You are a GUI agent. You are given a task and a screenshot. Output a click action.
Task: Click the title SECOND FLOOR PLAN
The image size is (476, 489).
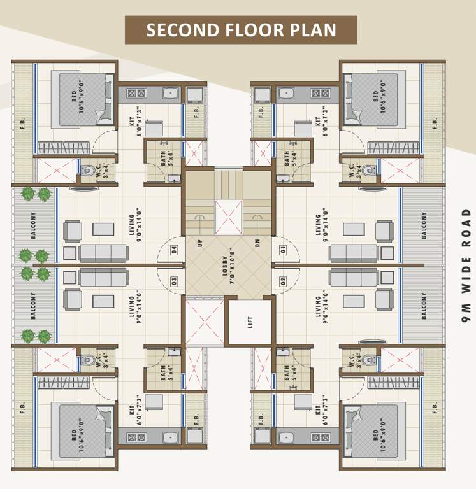point(241,30)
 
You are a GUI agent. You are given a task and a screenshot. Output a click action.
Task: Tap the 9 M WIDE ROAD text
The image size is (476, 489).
point(466,264)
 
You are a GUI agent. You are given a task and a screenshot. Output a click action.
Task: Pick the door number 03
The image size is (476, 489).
point(174,281)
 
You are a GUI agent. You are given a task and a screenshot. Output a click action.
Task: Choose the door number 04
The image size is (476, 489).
point(174,249)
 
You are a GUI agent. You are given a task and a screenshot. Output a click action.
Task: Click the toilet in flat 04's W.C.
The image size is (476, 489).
point(87,171)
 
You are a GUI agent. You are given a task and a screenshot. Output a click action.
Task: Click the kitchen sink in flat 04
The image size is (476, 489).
point(170,94)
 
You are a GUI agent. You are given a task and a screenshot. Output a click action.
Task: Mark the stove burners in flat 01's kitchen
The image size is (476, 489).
point(320,93)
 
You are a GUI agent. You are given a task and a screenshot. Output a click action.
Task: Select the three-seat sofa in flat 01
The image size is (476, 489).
point(353,253)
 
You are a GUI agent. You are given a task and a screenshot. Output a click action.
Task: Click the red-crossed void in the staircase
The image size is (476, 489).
point(228,216)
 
